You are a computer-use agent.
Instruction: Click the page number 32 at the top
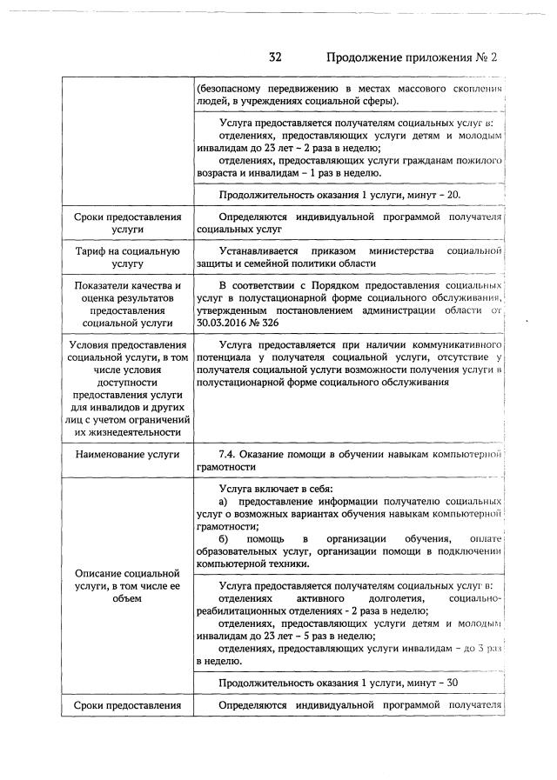click(x=275, y=57)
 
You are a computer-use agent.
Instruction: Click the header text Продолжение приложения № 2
click(x=411, y=57)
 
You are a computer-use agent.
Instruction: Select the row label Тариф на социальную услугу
click(x=128, y=257)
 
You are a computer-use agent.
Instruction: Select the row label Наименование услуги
click(x=128, y=454)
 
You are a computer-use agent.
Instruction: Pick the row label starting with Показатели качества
click(x=128, y=303)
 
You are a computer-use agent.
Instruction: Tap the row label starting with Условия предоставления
click(x=128, y=388)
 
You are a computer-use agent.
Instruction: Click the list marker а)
click(x=224, y=502)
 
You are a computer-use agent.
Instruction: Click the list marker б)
click(x=224, y=538)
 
